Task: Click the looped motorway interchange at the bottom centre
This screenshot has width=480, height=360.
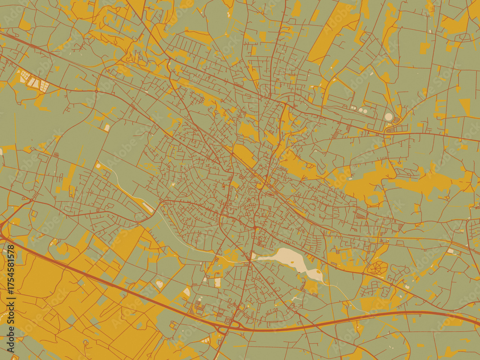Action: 226,328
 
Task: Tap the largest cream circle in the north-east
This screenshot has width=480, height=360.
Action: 388,117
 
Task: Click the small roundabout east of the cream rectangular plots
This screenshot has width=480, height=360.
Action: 96,91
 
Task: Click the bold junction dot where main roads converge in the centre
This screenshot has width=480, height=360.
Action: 254,227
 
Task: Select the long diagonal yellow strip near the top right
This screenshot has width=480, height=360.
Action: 331,34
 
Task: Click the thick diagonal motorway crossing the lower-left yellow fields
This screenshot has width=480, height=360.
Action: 96,278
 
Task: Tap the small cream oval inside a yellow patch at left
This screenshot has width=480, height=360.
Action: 107,127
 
